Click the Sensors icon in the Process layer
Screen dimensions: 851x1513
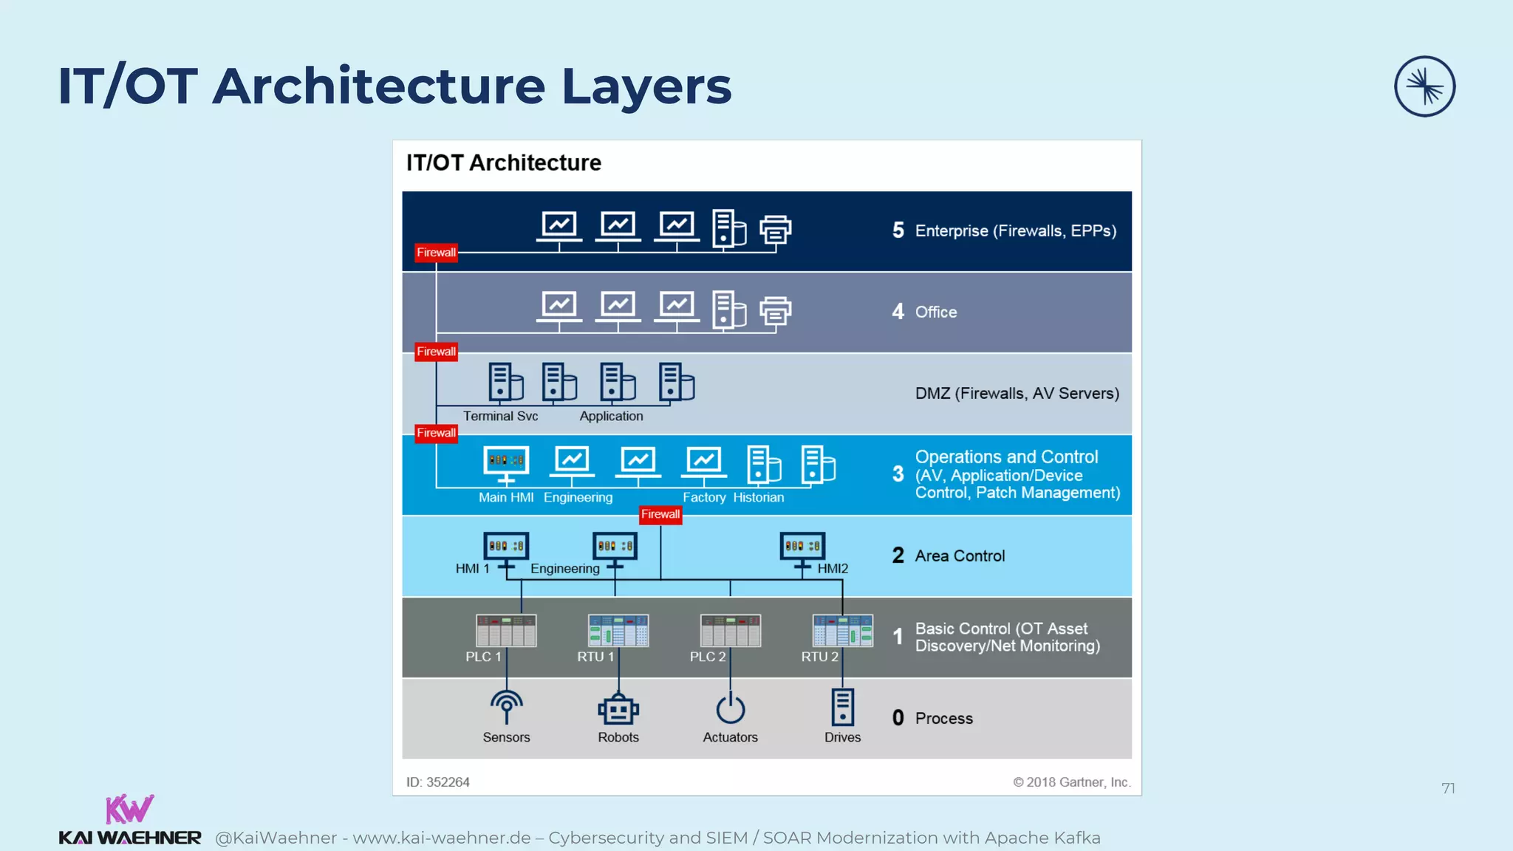point(506,707)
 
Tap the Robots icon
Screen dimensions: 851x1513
point(618,709)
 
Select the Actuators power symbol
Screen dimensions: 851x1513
point(730,708)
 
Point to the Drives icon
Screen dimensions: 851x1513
point(842,707)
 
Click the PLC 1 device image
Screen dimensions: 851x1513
point(506,630)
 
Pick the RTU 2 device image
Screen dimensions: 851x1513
point(842,630)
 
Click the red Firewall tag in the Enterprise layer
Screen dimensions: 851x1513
point(436,253)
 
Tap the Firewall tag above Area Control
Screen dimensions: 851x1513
point(660,514)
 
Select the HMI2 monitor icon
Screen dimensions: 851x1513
point(802,547)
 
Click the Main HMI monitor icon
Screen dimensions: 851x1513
point(506,462)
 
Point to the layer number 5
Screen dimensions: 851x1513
point(898,230)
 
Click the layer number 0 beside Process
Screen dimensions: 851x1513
point(898,718)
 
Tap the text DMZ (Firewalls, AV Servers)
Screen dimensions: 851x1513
point(1017,393)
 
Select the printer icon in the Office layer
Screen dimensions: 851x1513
point(775,310)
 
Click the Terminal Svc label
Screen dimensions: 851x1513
point(500,416)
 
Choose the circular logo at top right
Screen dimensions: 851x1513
point(1424,86)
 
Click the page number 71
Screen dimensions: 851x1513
point(1448,788)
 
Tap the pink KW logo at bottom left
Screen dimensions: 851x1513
point(129,809)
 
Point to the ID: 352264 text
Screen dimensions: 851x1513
point(438,782)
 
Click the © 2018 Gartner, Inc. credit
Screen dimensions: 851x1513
point(1071,782)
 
